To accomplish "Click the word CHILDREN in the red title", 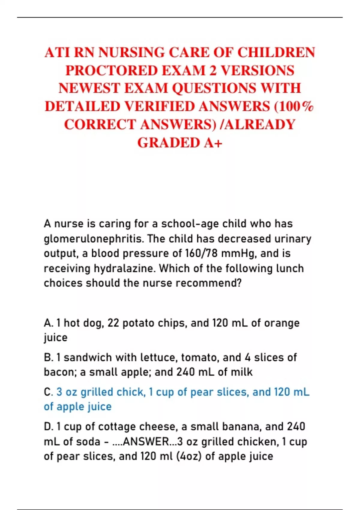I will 276,52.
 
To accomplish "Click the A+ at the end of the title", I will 213,142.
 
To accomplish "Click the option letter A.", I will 48,323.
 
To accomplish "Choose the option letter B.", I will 48,358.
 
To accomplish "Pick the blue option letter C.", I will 48,392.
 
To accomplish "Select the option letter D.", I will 48,427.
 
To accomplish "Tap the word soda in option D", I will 88,442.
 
